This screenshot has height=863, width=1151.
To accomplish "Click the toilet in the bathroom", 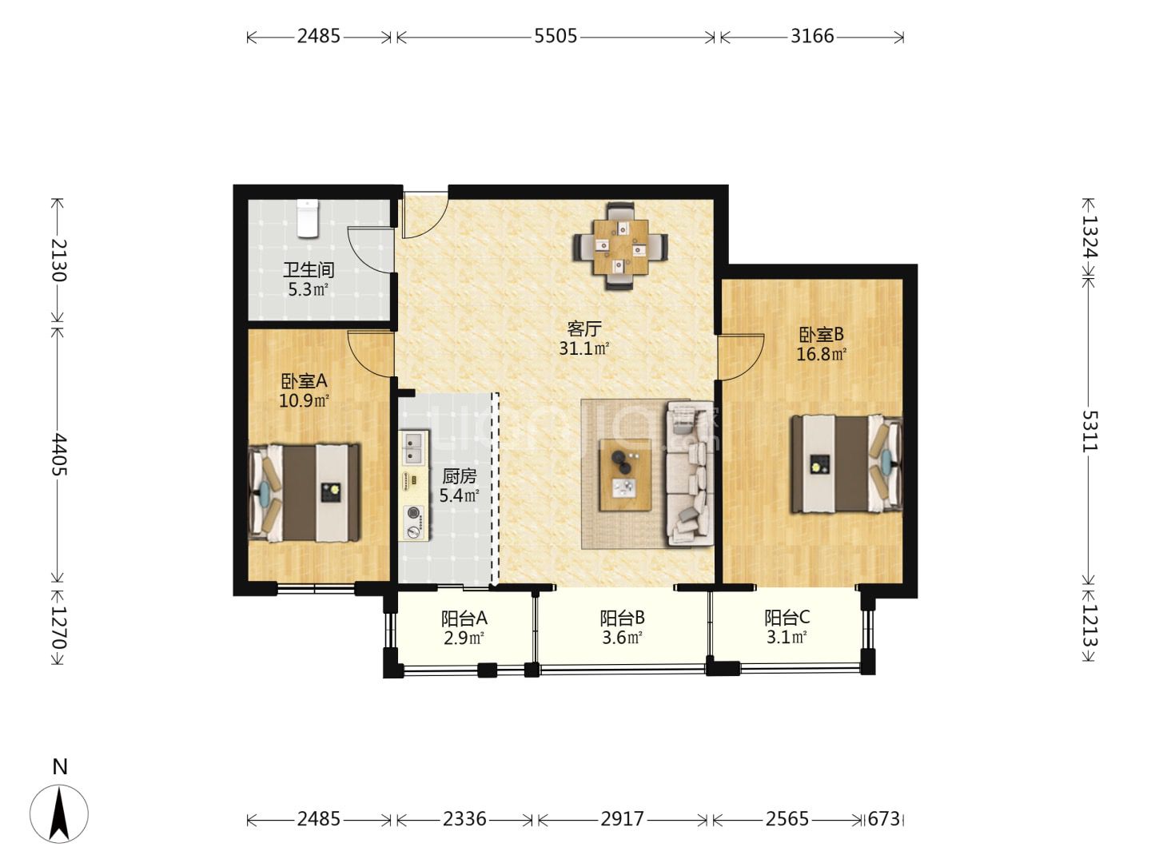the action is click(x=307, y=218).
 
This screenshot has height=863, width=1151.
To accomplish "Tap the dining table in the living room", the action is click(x=620, y=247).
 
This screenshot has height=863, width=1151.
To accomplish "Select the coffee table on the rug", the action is click(x=626, y=474).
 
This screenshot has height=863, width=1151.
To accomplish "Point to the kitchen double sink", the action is click(x=414, y=448).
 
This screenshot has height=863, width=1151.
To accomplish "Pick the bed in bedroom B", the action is click(x=846, y=463).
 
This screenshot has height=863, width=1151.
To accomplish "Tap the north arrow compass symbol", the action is click(x=58, y=813).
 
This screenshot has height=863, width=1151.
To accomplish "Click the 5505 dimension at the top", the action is click(x=556, y=36).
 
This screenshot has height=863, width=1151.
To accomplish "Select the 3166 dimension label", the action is click(x=812, y=36).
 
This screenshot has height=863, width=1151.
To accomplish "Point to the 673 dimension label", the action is click(x=883, y=818).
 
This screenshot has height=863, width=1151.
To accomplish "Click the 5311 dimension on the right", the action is click(x=1089, y=431).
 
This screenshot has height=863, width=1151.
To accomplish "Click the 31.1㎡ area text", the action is click(x=583, y=348).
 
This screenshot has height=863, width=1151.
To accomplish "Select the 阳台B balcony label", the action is click(x=622, y=618).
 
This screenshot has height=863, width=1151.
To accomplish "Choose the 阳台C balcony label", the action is click(x=787, y=618).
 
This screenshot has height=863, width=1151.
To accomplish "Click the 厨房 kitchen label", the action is click(x=460, y=476).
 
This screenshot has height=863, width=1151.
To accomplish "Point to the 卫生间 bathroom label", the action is click(x=309, y=270).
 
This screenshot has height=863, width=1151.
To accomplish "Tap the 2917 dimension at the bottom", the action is click(x=622, y=818).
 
